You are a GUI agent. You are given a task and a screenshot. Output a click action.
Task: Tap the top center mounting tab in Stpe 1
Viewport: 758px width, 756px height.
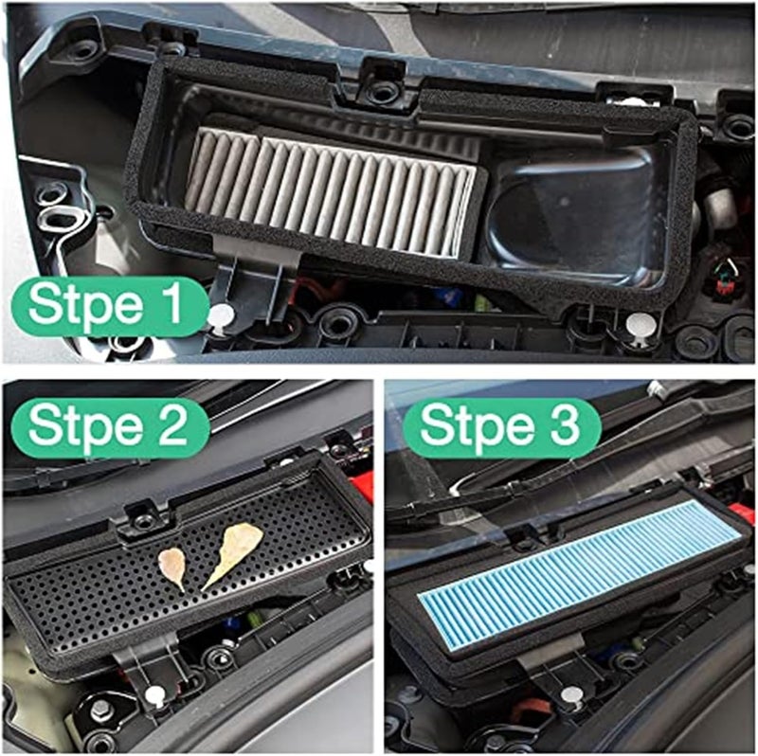[x=383, y=85]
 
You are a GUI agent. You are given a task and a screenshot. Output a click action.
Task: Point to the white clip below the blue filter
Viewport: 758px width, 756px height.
[x=569, y=696]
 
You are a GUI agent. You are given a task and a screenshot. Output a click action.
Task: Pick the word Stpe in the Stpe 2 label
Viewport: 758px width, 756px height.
[x=87, y=428]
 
